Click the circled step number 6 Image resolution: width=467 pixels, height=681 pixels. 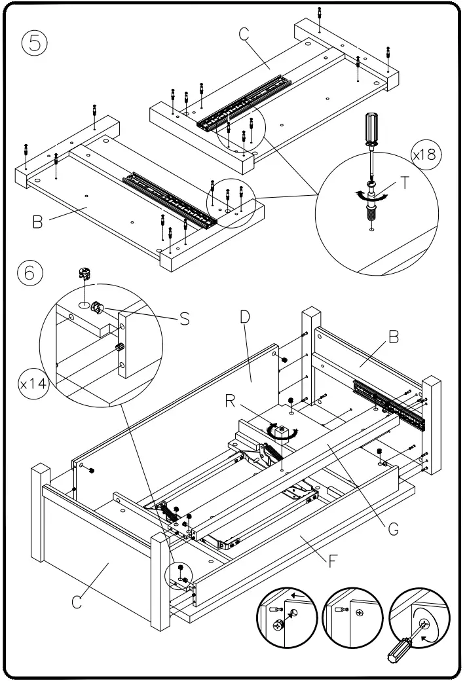coord(30,272)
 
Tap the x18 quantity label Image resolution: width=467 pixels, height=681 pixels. coord(426,156)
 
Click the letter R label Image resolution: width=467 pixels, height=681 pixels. coord(231,401)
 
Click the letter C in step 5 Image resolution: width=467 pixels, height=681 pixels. coord(245,35)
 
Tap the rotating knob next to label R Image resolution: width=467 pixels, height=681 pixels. coord(282,432)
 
